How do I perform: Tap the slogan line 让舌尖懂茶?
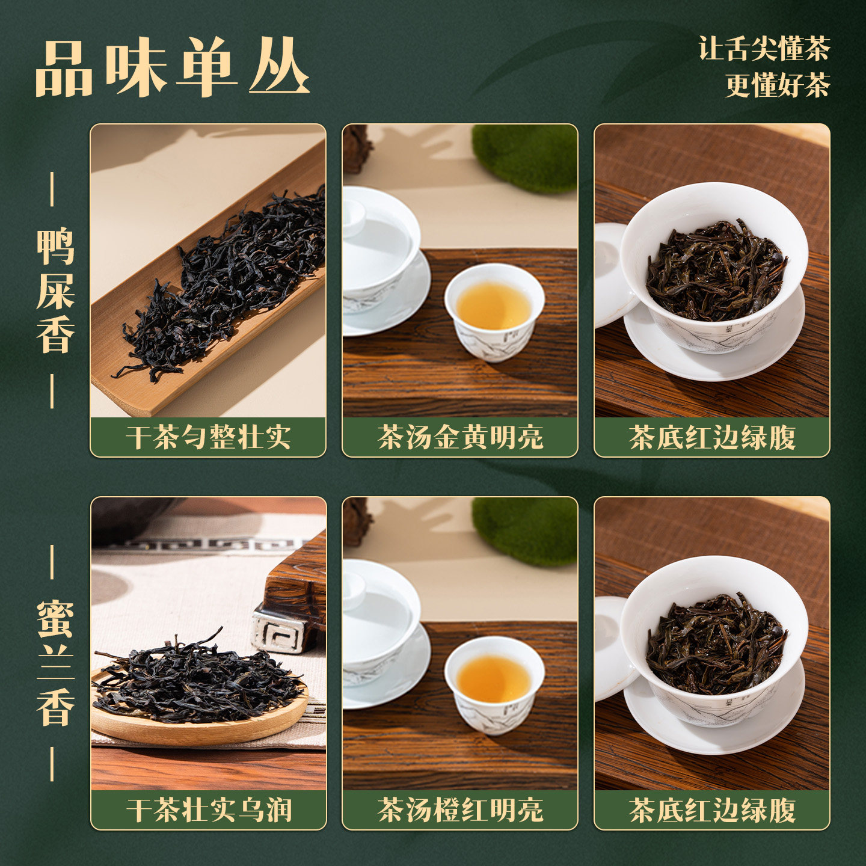[x=764, y=49]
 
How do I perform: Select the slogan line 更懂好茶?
[x=777, y=85]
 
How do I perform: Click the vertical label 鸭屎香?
[x=55, y=290]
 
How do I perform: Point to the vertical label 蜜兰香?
[x=55, y=663]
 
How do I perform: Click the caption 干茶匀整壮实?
[x=208, y=437]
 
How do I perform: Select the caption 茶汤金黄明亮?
[x=460, y=437]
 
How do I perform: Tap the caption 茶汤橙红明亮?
[x=460, y=810]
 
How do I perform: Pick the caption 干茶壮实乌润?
[x=209, y=810]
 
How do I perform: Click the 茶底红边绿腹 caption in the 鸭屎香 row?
[x=712, y=437]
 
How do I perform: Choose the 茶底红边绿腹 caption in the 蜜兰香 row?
[x=712, y=810]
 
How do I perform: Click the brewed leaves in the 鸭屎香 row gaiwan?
[x=716, y=271]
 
